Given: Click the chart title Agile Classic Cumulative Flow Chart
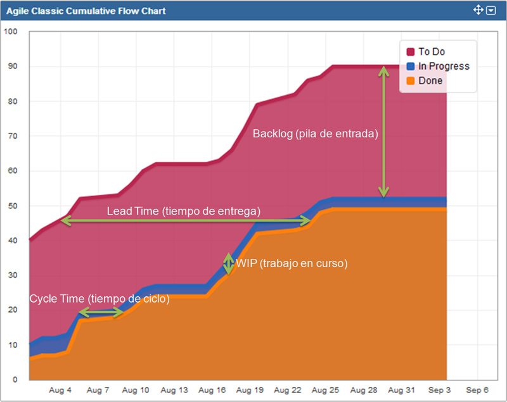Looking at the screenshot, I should pos(86,11).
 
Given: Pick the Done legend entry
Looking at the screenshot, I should pos(430,80).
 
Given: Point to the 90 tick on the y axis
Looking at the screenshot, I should pos(13,66).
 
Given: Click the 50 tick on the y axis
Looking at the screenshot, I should pos(13,206).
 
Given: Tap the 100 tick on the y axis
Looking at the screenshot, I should pos(11,32).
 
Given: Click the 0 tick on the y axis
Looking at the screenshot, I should pos(15,380).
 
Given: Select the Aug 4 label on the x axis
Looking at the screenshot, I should pos(61,391).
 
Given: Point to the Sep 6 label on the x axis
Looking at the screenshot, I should pos(477,391).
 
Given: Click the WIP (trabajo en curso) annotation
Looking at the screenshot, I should pos(292,263).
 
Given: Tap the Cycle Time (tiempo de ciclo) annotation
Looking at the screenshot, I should pos(99,299).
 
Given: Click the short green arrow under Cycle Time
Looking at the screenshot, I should pos(101,312).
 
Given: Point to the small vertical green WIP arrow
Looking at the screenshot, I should pos(229,263).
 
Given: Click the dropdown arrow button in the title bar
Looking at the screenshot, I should pos(491,11).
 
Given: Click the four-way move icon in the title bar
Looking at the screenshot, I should pos(478,10).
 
